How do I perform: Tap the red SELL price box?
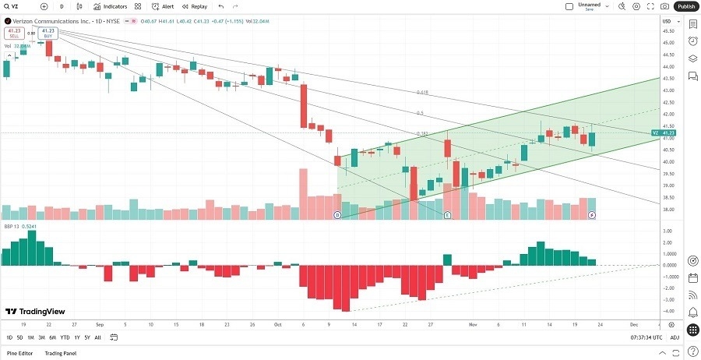(x=12, y=34)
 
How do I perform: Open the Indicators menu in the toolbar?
(x=110, y=6)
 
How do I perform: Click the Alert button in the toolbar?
(x=163, y=6)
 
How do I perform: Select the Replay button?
(x=195, y=6)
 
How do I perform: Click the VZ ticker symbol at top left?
(x=14, y=6)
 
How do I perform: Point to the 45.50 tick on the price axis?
(x=667, y=31)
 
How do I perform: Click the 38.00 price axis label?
(x=667, y=210)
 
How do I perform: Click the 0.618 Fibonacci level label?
(x=422, y=92)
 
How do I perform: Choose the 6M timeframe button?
(x=52, y=337)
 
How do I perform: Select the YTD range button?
(x=65, y=337)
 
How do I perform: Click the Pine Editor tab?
(x=20, y=354)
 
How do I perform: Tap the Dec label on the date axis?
(x=633, y=323)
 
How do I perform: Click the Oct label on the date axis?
(x=277, y=323)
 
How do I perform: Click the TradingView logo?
(x=33, y=312)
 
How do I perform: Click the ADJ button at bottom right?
(x=674, y=337)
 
